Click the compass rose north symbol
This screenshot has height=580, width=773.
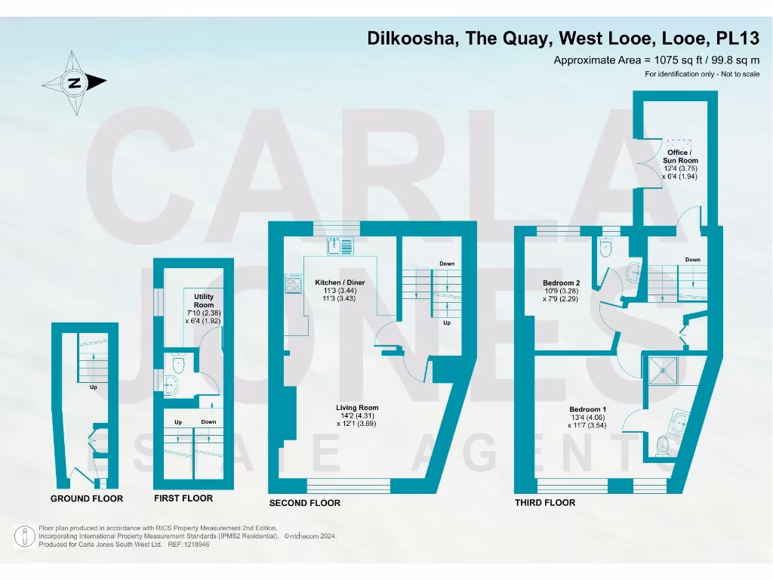pyautogui.click(x=74, y=83)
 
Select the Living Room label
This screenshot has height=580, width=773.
pyautogui.click(x=356, y=408)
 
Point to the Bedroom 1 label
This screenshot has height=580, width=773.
pyautogui.click(x=587, y=410)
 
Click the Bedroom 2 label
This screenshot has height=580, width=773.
pyautogui.click(x=562, y=283)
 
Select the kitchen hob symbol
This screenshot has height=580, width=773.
pyautogui.click(x=292, y=284)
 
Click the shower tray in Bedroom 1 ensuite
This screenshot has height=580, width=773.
pyautogui.click(x=664, y=369)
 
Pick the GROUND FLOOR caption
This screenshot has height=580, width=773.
pyautogui.click(x=87, y=498)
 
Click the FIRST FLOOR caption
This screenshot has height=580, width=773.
pyautogui.click(x=183, y=498)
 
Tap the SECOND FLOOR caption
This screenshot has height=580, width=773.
pyautogui.click(x=305, y=503)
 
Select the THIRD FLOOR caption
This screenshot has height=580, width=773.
pyautogui.click(x=545, y=503)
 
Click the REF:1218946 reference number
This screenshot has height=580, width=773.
pyautogui.click(x=189, y=545)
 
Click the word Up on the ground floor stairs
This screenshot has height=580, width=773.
pyautogui.click(x=94, y=387)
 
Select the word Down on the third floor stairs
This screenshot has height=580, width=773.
pyautogui.click(x=692, y=260)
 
